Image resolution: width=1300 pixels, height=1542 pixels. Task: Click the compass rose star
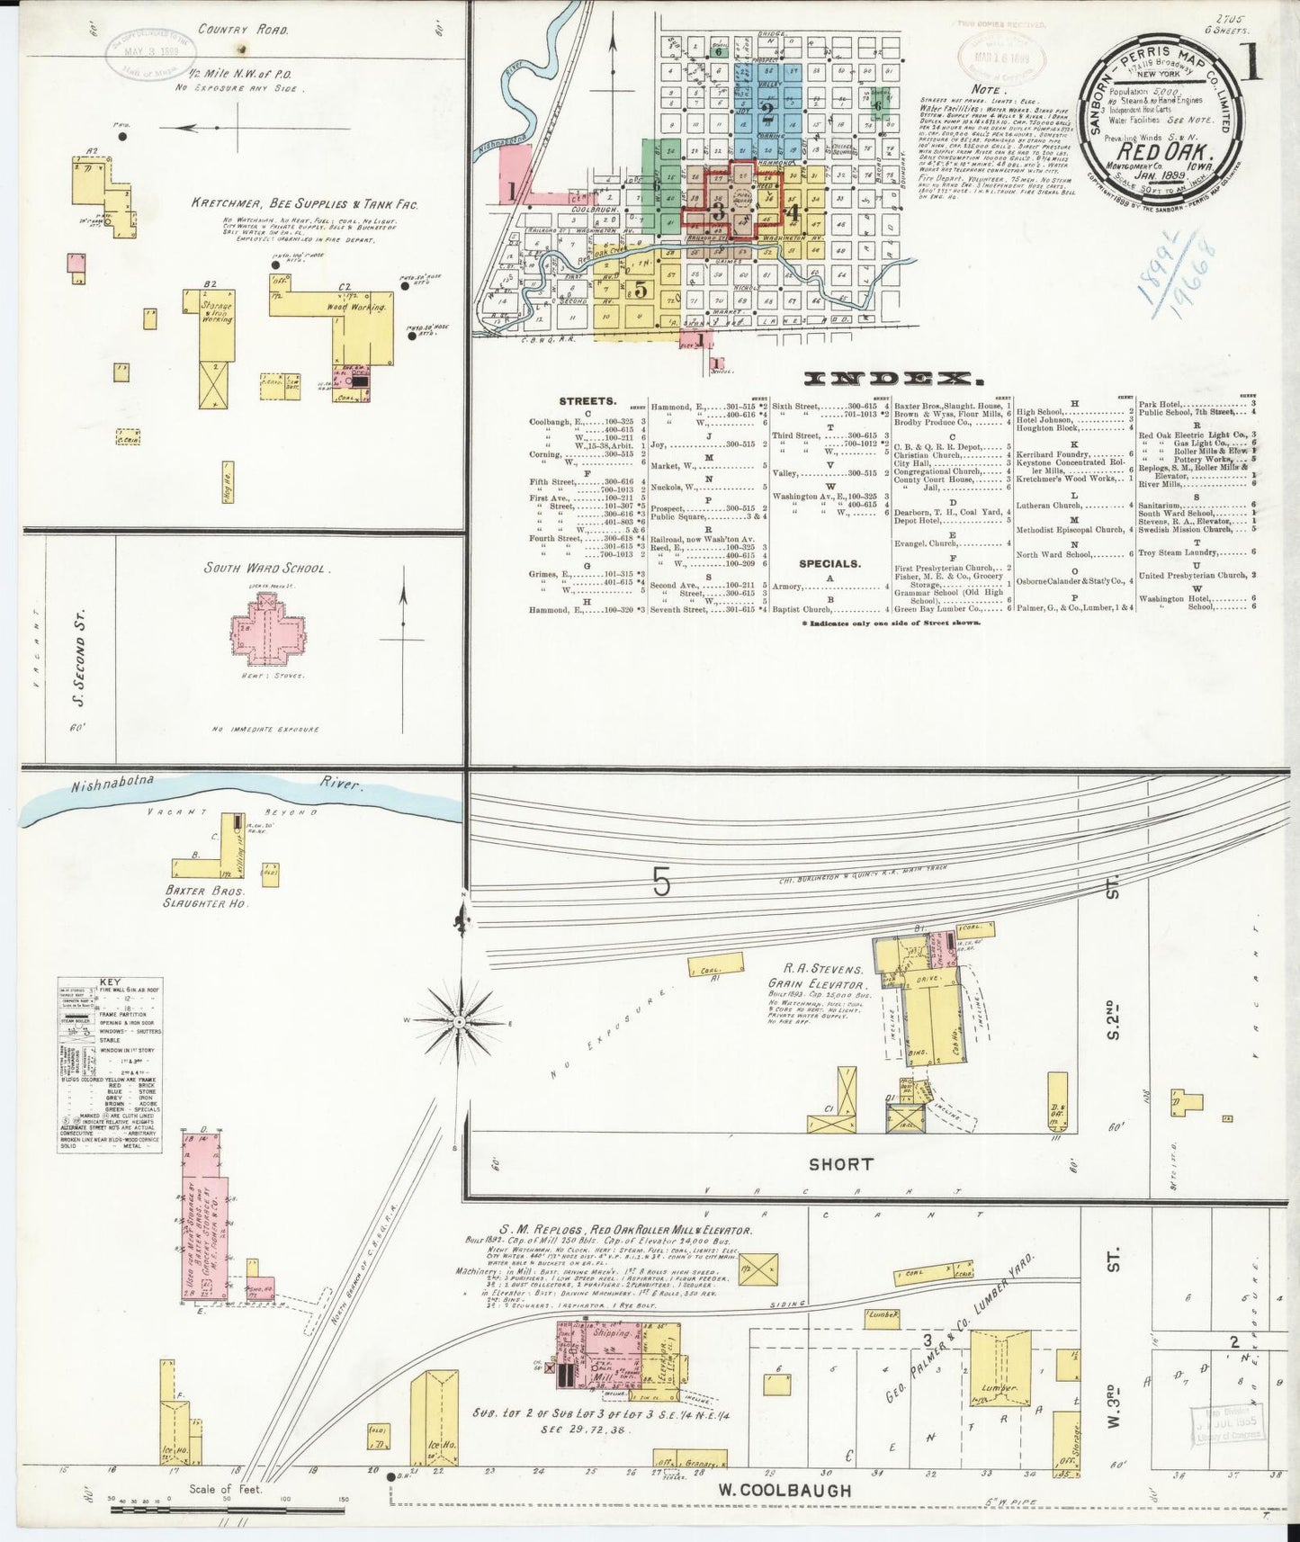click(x=459, y=1023)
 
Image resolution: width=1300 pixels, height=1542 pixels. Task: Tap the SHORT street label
click(x=840, y=1163)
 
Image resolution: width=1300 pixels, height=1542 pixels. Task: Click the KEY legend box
click(x=110, y=1064)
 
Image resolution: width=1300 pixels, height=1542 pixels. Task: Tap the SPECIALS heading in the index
click(x=829, y=563)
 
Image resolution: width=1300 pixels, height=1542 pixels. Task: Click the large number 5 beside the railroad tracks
click(x=661, y=884)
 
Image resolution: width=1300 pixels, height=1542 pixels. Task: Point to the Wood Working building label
click(x=362, y=307)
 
